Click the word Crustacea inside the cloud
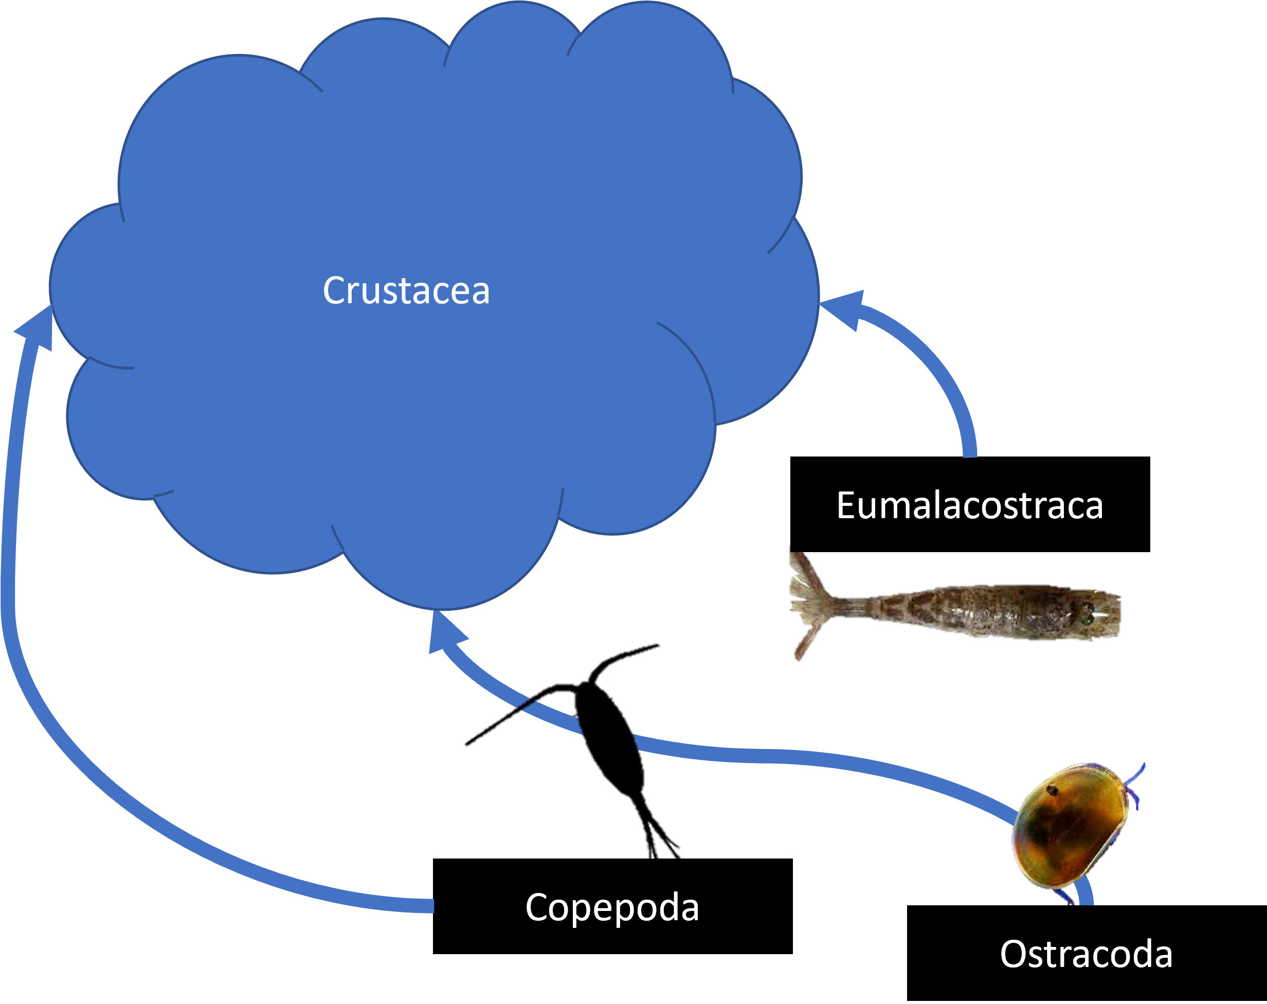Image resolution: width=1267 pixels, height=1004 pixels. [406, 291]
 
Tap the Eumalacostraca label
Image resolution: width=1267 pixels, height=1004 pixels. [969, 506]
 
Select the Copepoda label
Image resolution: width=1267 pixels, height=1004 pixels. [612, 908]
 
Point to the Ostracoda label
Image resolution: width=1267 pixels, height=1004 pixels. [1086, 954]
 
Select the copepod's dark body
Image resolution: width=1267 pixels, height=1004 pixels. [608, 734]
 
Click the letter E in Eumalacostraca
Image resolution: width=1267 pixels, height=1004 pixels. [846, 506]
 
